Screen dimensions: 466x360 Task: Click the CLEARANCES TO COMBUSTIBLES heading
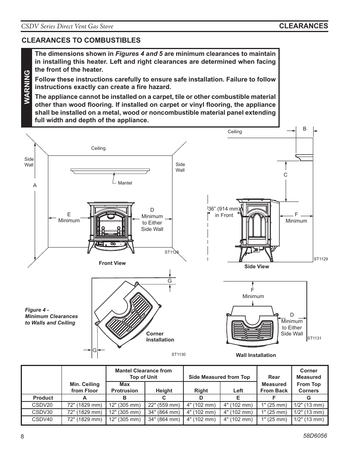click(x=81, y=40)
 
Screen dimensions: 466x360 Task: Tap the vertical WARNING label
click(x=27, y=88)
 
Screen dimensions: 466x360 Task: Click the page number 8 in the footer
click(x=22, y=437)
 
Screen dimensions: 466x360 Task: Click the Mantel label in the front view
click(x=125, y=183)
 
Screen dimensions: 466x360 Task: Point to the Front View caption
click(x=112, y=263)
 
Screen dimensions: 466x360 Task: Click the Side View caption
click(x=257, y=266)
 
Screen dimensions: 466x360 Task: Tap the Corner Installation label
click(x=160, y=337)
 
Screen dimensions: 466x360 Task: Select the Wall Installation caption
click(x=256, y=355)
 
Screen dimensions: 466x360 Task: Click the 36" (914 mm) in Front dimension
click(x=224, y=212)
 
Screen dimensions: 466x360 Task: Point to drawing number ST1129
click(x=321, y=259)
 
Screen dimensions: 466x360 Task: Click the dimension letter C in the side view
click(x=285, y=175)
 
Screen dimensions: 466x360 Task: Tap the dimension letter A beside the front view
click(x=35, y=185)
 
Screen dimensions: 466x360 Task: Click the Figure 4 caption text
click(x=51, y=316)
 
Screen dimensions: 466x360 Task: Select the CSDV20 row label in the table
click(x=42, y=405)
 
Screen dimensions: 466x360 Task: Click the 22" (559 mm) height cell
click(x=164, y=405)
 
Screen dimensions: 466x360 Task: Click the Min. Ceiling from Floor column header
click(x=85, y=387)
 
